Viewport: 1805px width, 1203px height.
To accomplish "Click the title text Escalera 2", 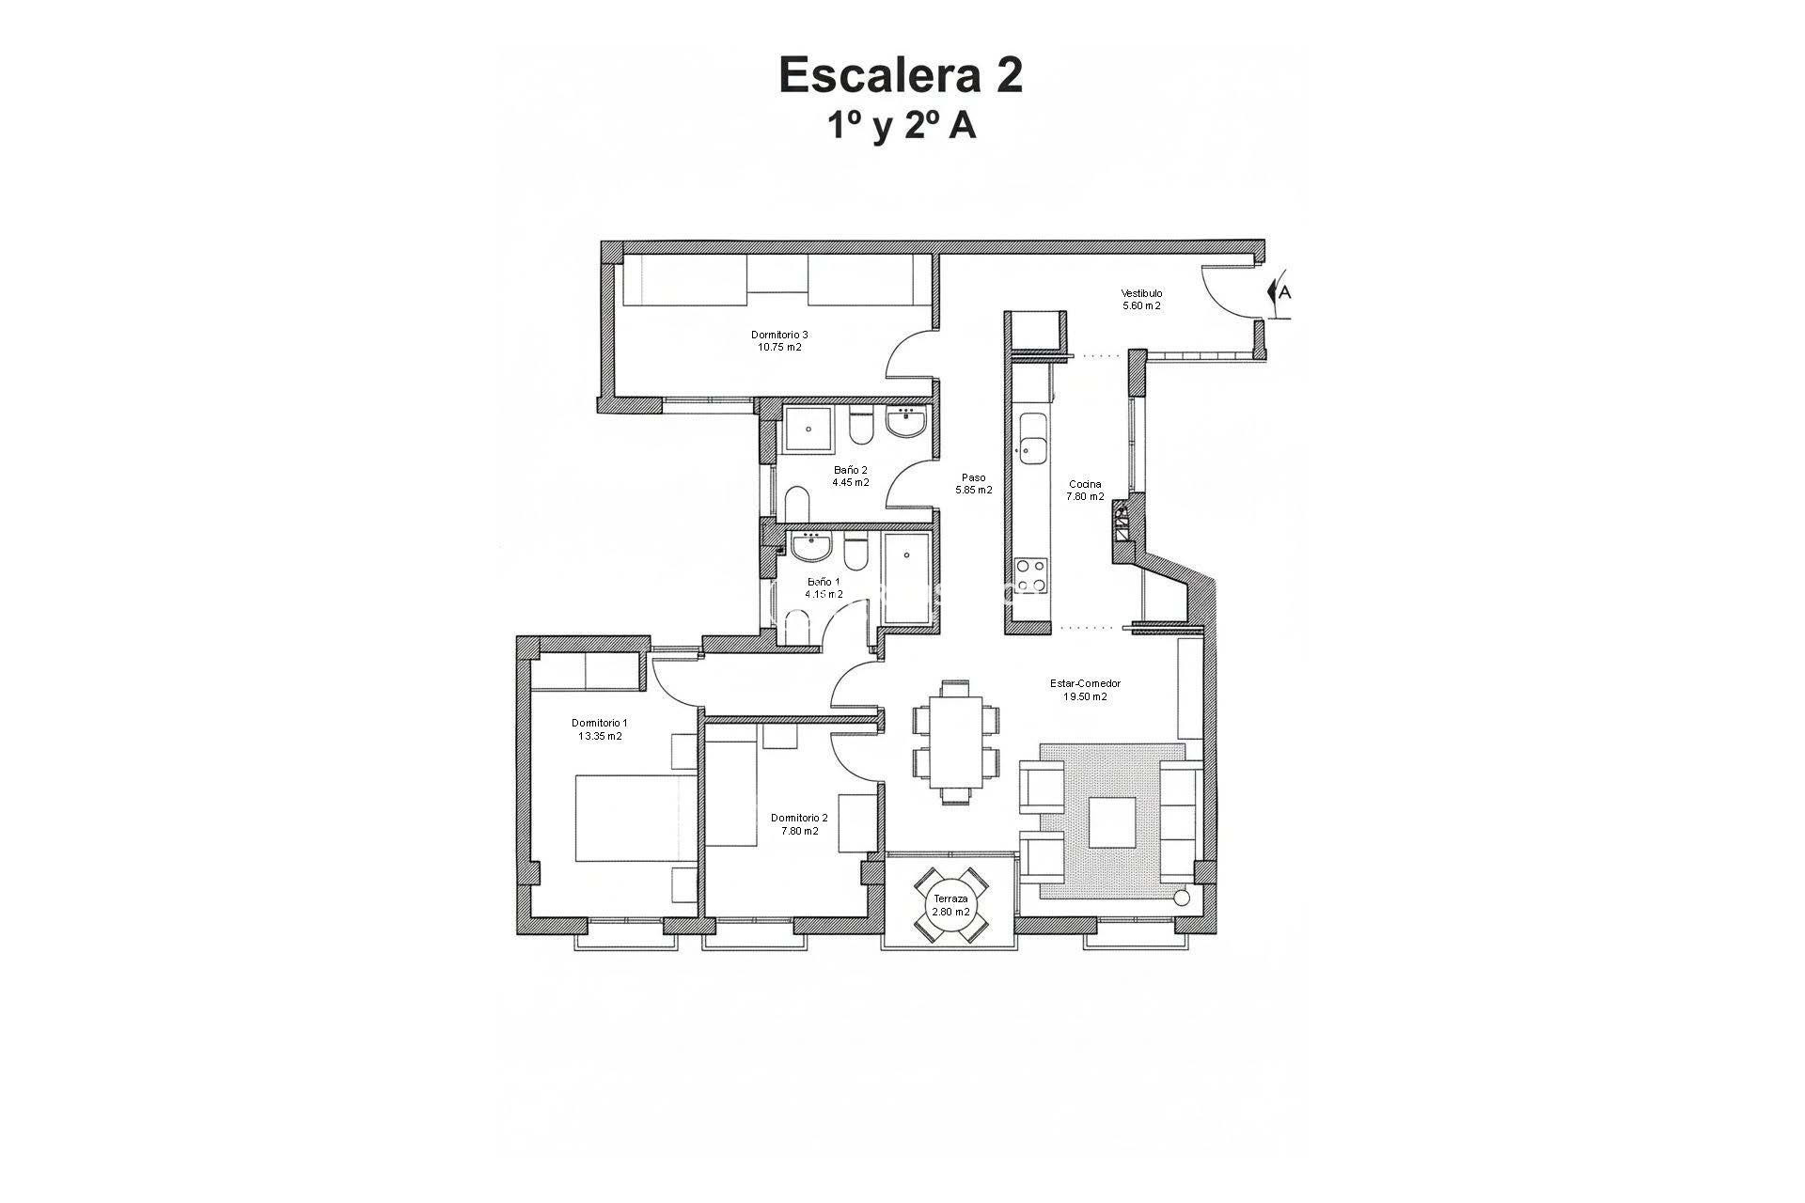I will [901, 75].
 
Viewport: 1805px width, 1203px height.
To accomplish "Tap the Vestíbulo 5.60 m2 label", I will [1141, 300].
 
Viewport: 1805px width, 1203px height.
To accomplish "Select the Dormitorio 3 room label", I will [779, 340].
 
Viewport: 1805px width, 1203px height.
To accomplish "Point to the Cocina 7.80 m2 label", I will [1085, 491].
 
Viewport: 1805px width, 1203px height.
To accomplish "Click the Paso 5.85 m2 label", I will [973, 484].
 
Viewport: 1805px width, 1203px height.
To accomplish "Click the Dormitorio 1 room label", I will [600, 729].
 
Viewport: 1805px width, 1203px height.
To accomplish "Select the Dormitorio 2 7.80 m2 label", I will [799, 824].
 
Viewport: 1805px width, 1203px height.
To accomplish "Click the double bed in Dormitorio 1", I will [634, 818].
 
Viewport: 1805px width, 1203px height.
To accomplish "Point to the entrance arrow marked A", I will [1279, 292].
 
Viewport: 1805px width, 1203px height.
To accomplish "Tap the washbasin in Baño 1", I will [809, 546].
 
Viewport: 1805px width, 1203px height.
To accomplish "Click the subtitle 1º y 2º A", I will [901, 126].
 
